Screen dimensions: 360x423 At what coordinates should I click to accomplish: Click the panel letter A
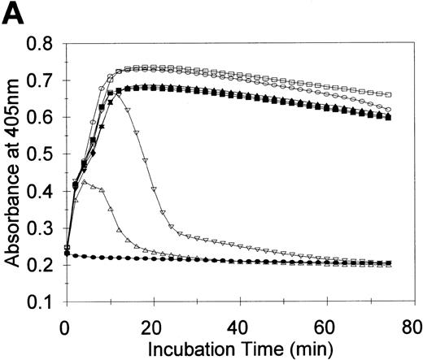tap(14, 15)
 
